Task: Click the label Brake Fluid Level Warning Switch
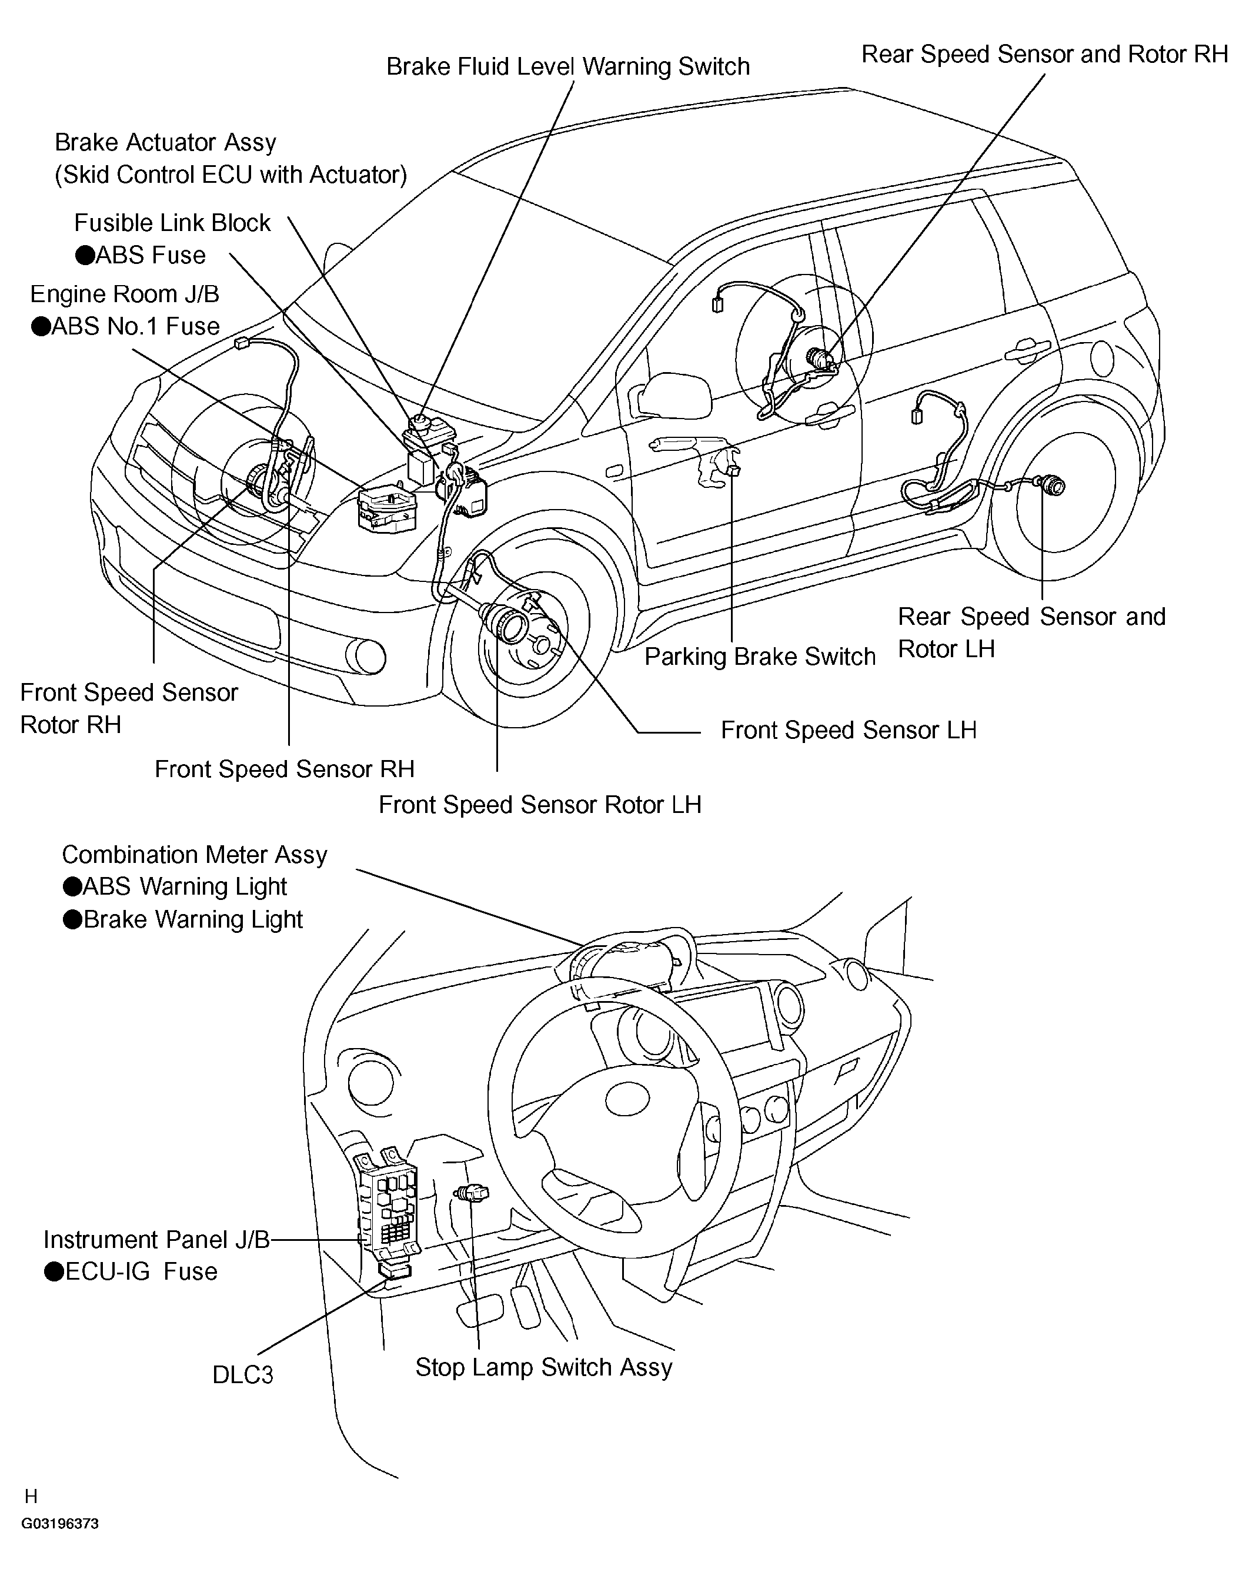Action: (567, 67)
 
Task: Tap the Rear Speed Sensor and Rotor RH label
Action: (1044, 55)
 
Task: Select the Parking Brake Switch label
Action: (759, 657)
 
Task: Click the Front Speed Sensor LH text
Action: (848, 730)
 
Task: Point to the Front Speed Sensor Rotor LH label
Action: (539, 805)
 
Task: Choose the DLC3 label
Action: (242, 1375)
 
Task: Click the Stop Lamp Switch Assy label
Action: (543, 1367)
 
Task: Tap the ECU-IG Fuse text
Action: (141, 1271)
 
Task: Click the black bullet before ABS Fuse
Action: (85, 255)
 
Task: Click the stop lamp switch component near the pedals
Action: (472, 1194)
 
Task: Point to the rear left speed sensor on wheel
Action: (1049, 484)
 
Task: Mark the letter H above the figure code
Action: (31, 1497)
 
